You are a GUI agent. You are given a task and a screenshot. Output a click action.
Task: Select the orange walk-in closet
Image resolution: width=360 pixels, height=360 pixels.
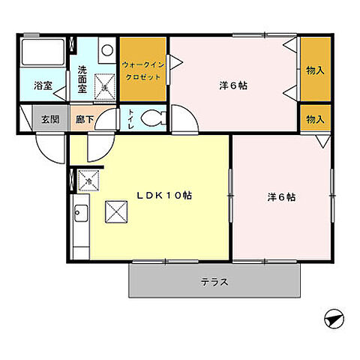tap(142, 69)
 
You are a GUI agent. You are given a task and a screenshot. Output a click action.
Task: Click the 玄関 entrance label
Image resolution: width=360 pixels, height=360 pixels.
tap(50, 118)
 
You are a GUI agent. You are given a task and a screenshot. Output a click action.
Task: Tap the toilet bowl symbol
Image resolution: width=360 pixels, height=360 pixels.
tap(155, 118)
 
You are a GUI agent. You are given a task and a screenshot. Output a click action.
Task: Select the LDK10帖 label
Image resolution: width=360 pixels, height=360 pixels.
tap(163, 195)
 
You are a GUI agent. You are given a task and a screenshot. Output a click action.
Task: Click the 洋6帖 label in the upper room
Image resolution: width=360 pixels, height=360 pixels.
tap(232, 85)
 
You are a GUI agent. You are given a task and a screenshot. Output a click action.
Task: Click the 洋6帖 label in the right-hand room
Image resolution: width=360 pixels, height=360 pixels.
tap(281, 197)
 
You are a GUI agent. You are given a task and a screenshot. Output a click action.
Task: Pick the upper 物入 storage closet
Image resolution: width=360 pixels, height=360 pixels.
tap(315, 69)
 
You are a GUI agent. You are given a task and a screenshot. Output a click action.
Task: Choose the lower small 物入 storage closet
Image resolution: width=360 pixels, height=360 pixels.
tap(315, 118)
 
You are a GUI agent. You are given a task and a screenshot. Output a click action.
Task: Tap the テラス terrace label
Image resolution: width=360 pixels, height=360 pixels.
tap(214, 283)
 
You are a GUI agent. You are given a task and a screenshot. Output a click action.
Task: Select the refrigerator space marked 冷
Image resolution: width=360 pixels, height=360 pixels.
tap(86, 181)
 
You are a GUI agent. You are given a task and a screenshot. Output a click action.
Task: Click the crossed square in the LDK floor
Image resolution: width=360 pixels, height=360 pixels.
tap(116, 212)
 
